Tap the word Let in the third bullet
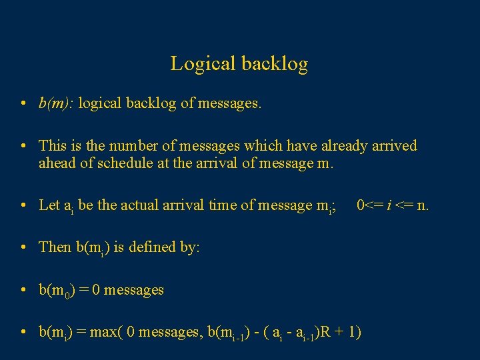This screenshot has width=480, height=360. tap(49, 205)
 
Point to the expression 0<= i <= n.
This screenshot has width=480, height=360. tap(393, 205)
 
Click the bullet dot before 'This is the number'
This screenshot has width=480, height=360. tap(23, 146)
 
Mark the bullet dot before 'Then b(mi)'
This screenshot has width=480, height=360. tap(23, 247)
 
